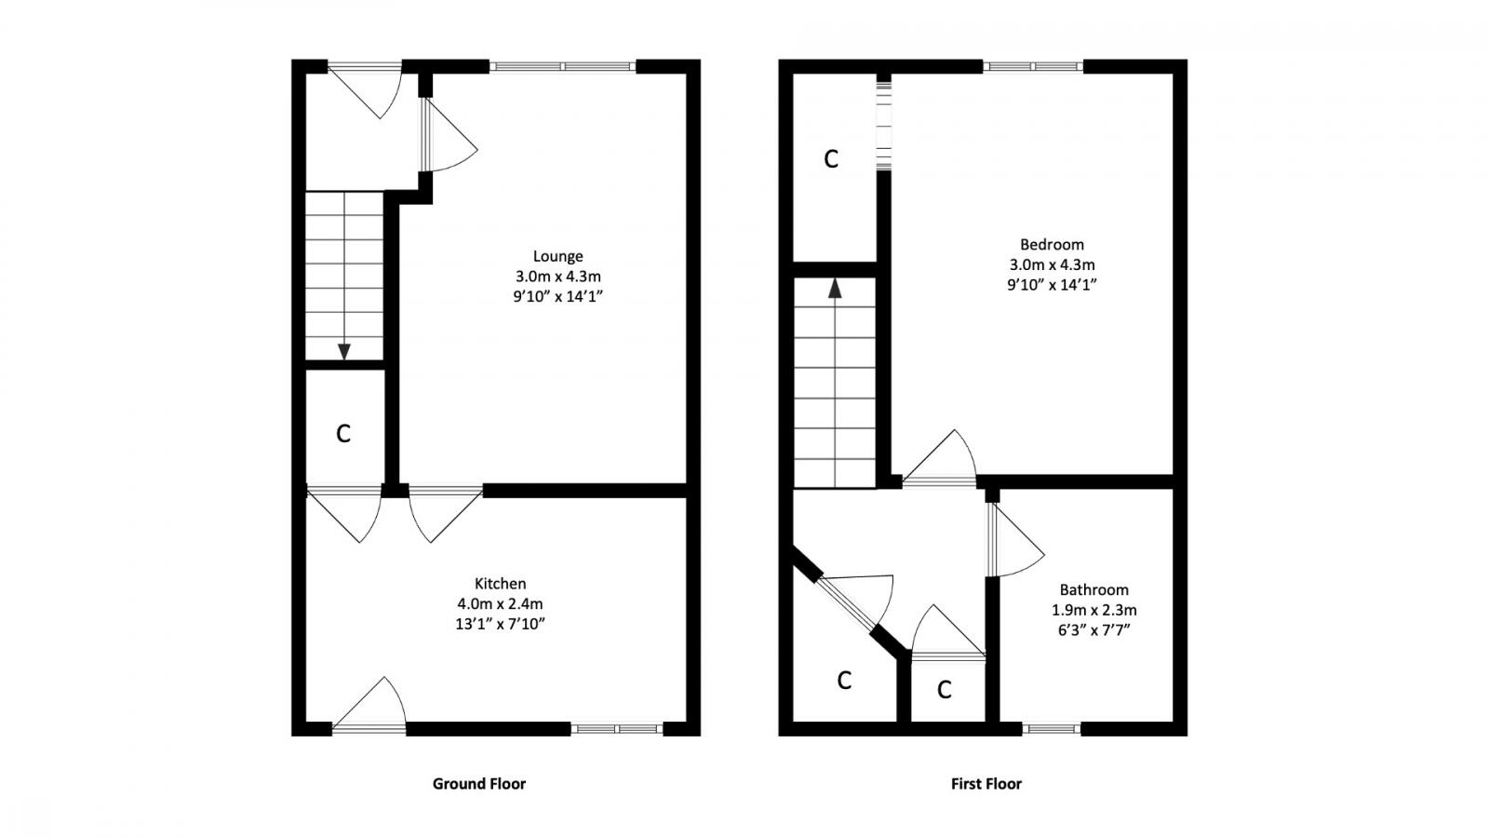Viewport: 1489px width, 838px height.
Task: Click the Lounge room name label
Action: click(557, 256)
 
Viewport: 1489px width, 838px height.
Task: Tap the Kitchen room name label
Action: click(500, 584)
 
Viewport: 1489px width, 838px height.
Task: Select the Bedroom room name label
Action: click(1052, 245)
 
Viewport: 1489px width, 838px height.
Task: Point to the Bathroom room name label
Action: click(1093, 589)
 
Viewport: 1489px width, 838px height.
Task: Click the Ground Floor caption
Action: click(478, 784)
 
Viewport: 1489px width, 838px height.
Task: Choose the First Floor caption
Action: click(986, 784)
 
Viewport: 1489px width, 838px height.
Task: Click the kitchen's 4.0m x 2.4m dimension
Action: click(500, 604)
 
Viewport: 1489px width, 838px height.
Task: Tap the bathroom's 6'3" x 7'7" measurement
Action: click(1093, 630)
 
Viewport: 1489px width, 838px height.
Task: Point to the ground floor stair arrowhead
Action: click(344, 351)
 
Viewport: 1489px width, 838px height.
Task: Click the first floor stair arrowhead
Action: click(835, 288)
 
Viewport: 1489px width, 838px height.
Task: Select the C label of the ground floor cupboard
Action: click(343, 434)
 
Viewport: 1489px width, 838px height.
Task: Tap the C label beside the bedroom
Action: click(831, 159)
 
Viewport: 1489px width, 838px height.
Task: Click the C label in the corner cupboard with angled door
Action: click(844, 681)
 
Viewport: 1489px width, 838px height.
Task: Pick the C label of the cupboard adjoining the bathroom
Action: click(945, 690)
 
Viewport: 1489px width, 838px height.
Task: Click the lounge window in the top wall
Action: click(562, 66)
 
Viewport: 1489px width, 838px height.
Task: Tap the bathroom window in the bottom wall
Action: click(1052, 729)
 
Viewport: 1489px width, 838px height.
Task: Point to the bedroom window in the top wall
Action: click(1033, 66)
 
